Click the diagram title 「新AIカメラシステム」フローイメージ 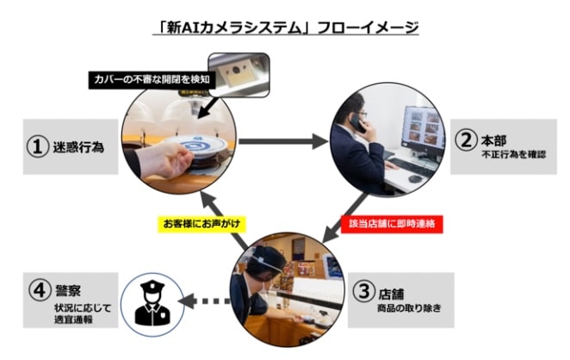(285, 28)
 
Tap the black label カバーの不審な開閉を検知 (152, 79)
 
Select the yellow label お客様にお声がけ (201, 224)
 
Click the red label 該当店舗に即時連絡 (392, 224)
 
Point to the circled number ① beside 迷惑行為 (37, 146)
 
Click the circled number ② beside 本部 (466, 140)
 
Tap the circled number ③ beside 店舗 (363, 291)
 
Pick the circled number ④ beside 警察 (40, 290)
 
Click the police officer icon (152, 303)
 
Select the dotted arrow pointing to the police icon (203, 301)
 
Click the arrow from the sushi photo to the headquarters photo (283, 141)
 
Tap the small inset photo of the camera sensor (239, 75)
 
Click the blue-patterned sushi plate (195, 146)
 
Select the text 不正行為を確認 (513, 154)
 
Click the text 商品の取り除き (409, 308)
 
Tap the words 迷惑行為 (78, 147)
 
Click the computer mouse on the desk (415, 178)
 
